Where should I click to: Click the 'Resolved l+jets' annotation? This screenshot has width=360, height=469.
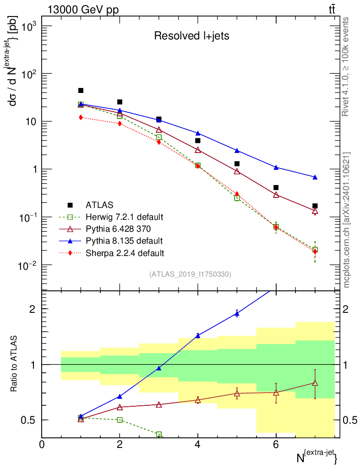tap(191, 36)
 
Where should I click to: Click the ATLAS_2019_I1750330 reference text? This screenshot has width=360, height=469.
tap(190, 274)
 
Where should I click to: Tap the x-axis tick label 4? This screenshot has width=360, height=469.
tap(198, 445)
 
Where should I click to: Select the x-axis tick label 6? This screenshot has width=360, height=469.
tap(276, 445)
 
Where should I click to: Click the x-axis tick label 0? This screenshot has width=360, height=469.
tap(42, 445)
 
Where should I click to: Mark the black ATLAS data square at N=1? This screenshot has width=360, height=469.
tap(81, 91)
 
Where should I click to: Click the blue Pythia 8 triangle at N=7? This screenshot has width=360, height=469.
tap(315, 177)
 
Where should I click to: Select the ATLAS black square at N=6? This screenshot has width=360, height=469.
tap(276, 187)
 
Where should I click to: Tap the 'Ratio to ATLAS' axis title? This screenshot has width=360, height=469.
tap(15, 365)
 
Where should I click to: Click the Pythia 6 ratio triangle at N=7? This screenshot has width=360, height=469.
tap(315, 383)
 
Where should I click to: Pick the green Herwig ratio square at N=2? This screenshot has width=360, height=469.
tap(120, 420)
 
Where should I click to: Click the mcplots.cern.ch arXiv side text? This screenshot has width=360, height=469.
tap(347, 220)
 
